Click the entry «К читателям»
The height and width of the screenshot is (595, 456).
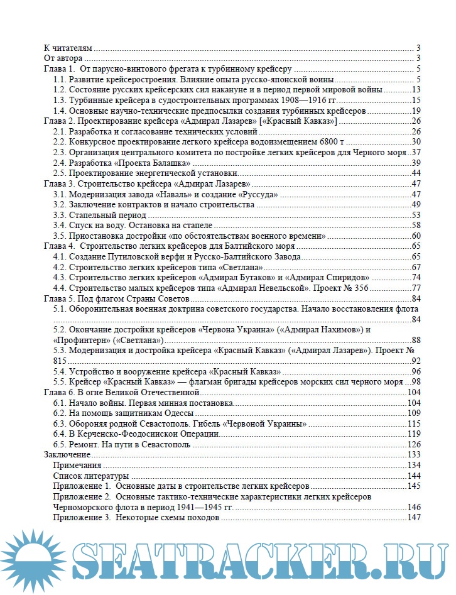[x=68, y=48]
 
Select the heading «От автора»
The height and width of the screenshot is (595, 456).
[x=61, y=58]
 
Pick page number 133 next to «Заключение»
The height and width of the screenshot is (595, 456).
[x=414, y=454]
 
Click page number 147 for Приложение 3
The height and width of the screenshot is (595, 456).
[x=414, y=516]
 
